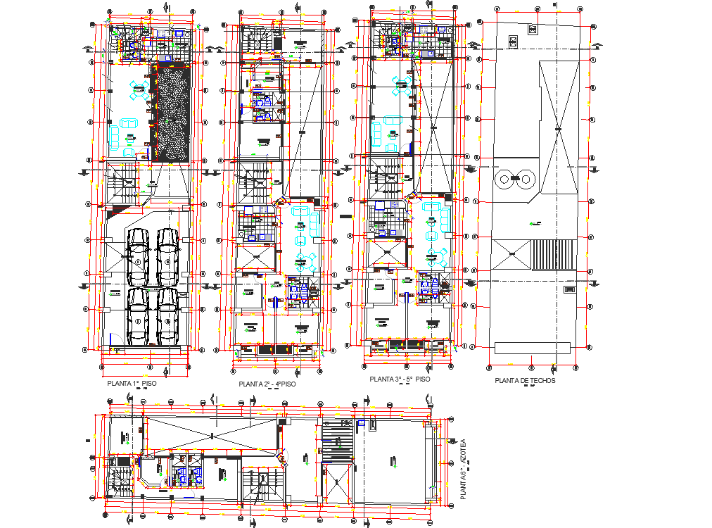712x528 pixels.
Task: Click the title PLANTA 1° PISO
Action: click(x=132, y=384)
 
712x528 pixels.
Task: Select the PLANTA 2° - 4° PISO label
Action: click(x=267, y=384)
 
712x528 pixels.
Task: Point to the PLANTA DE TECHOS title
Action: click(x=525, y=380)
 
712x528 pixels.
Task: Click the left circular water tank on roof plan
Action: click(x=505, y=179)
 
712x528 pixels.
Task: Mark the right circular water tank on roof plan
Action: click(x=525, y=179)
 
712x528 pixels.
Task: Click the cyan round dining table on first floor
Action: click(x=139, y=87)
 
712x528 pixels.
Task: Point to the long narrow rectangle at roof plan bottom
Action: click(x=533, y=348)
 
